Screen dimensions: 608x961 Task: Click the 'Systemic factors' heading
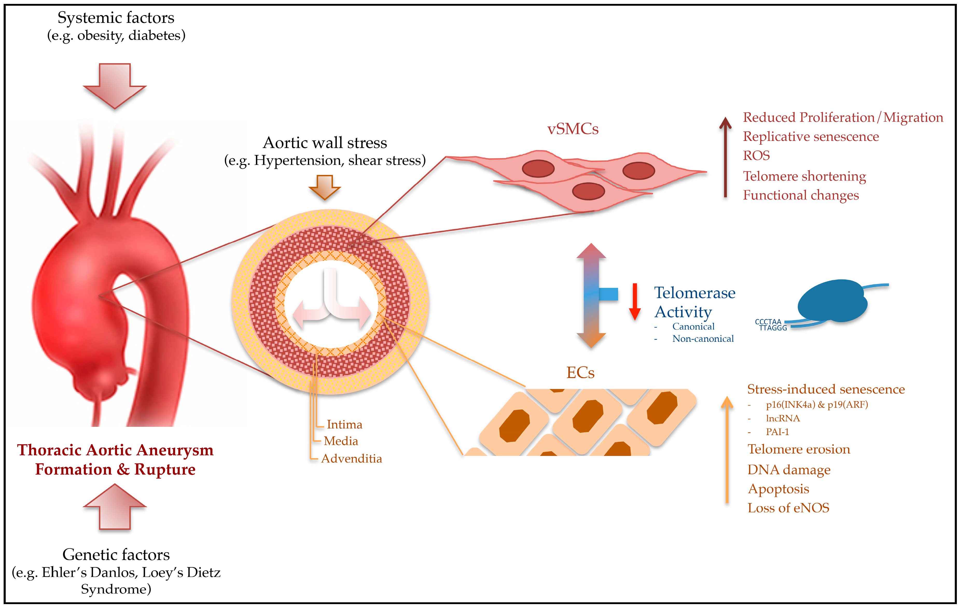116,18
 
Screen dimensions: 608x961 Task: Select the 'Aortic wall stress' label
325,143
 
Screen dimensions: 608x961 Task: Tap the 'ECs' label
580,373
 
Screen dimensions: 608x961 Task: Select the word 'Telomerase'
694,293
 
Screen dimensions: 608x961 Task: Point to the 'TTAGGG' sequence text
773,328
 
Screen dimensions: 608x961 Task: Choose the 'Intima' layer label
344,425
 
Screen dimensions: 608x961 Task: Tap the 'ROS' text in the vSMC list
756,155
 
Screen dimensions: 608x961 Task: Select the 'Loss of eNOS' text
788,508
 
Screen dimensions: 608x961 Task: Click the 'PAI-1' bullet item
777,432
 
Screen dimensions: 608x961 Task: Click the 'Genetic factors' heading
116,555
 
